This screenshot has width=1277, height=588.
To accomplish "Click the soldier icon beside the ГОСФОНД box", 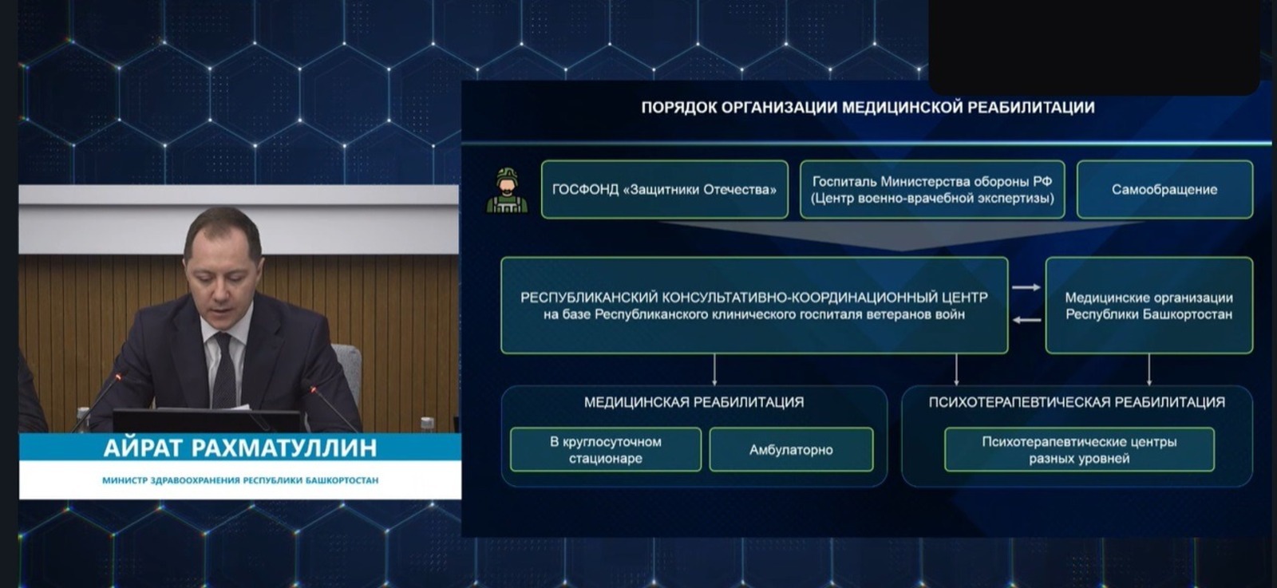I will tap(507, 191).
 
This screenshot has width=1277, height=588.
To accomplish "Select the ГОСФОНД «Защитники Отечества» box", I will tap(664, 190).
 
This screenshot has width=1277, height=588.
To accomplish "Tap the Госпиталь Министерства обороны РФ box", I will tap(932, 190).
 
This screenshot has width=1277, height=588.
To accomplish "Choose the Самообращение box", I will tap(1164, 190).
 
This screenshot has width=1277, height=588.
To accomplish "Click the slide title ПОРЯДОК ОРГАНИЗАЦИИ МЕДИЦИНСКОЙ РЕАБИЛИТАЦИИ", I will tap(868, 108).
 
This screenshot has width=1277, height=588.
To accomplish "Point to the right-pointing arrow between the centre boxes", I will tap(1026, 287).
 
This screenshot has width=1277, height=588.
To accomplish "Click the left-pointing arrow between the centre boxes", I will tap(1026, 321).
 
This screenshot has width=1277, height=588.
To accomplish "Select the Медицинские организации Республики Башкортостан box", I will tap(1149, 306).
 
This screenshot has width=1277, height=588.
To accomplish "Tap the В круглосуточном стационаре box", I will tap(606, 450).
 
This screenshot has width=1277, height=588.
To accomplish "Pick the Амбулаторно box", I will tap(791, 450).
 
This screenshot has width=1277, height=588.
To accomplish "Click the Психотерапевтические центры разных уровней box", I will tap(1079, 450).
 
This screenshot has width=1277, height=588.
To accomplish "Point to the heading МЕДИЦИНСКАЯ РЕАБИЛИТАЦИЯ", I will tap(694, 403).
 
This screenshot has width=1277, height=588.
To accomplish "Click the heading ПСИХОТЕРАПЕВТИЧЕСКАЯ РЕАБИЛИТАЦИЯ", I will tap(1077, 403).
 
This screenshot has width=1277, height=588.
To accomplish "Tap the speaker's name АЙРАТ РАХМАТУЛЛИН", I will tap(240, 448).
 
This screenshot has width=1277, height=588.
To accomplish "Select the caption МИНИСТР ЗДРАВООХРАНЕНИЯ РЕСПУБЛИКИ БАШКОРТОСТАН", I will tap(240, 480).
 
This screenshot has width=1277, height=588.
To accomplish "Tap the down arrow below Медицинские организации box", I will tap(1149, 370).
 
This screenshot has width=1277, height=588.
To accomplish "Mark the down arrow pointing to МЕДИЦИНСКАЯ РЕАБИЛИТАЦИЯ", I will tap(714, 370).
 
